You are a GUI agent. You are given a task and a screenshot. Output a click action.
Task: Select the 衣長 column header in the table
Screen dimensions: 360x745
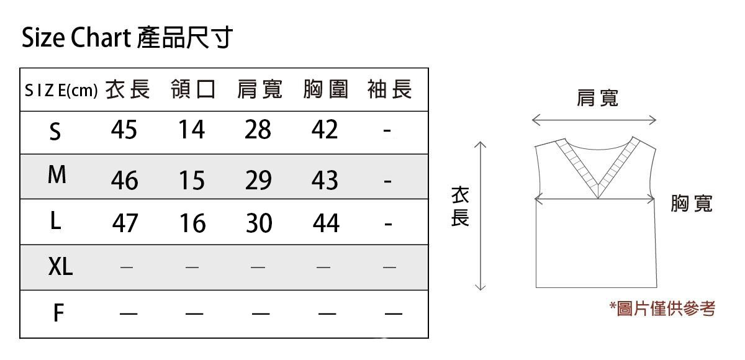point(128,90)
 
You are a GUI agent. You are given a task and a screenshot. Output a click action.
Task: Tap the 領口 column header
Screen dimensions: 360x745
point(193,90)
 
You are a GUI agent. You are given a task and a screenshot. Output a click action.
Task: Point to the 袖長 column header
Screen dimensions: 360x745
point(389,90)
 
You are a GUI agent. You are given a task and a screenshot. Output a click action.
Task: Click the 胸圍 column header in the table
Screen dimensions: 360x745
point(325,90)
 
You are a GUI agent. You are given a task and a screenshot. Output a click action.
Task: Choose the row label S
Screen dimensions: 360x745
point(55,132)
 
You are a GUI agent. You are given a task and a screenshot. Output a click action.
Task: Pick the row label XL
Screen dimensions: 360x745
point(60,268)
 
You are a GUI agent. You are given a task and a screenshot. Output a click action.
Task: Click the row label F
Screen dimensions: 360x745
point(58,313)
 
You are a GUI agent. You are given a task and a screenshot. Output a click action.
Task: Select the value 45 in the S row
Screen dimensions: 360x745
point(124,130)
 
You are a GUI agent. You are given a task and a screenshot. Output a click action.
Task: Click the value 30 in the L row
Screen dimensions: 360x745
point(259,223)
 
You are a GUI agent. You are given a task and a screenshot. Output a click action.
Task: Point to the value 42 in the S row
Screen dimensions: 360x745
point(325,130)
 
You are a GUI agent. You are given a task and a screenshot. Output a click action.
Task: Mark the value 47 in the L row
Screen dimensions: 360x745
point(125,223)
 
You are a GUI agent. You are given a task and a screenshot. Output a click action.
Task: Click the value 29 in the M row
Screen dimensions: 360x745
point(258,180)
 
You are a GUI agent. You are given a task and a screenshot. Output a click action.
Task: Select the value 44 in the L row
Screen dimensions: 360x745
point(326,223)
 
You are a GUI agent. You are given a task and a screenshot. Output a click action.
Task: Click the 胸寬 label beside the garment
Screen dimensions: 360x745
point(691,203)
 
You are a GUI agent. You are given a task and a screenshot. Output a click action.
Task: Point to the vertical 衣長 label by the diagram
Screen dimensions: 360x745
point(459,207)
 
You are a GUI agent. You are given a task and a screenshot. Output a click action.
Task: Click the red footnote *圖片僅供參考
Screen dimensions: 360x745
point(662,308)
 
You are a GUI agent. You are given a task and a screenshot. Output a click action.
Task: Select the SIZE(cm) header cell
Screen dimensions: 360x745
point(61,91)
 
